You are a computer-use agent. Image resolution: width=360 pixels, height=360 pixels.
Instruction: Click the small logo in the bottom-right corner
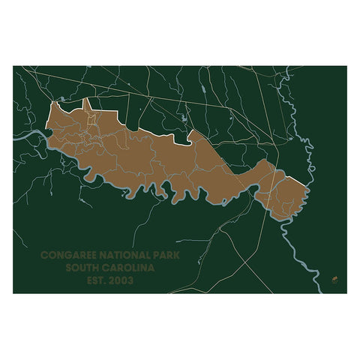click(x=332, y=281)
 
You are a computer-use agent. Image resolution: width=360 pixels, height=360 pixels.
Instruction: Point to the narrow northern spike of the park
click(x=87, y=104)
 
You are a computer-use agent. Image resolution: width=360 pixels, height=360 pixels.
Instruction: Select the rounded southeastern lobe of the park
click(x=289, y=195)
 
